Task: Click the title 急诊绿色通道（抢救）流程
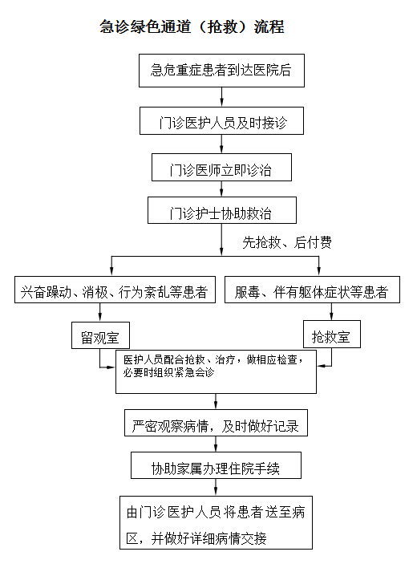tap(192, 26)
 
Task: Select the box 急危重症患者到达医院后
tap(221, 71)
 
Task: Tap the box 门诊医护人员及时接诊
tap(222, 123)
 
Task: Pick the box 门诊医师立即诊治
tap(222, 168)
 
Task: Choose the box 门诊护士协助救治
tap(221, 213)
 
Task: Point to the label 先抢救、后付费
tap(287, 241)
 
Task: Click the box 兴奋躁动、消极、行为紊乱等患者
tap(114, 292)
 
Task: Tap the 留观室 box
tap(100, 336)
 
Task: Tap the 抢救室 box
tap(331, 336)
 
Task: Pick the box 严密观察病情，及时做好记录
tap(216, 426)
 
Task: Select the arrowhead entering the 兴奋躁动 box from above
tap(111, 272)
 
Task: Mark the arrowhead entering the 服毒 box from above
tap(331, 272)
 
